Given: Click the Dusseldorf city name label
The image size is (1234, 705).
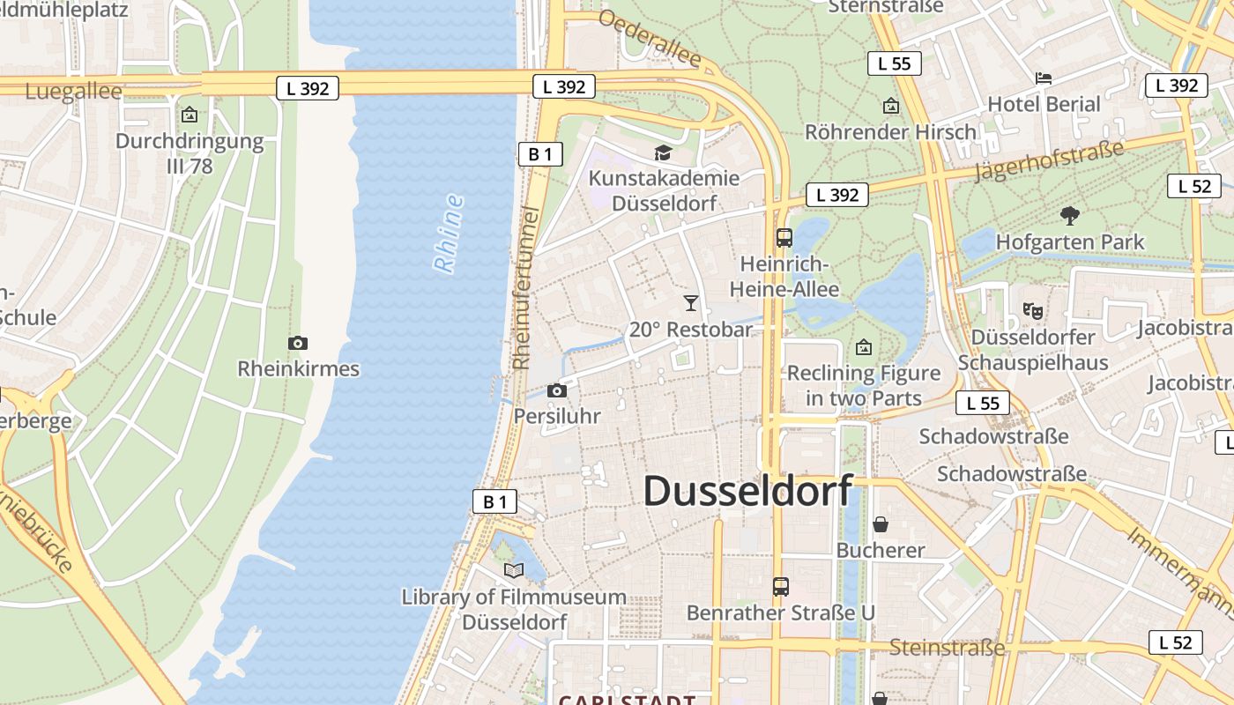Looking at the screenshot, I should (748, 491).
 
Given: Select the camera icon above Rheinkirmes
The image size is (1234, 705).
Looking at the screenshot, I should (298, 343).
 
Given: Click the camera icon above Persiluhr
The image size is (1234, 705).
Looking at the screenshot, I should (557, 390).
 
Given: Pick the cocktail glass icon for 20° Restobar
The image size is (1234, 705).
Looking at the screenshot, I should (691, 303).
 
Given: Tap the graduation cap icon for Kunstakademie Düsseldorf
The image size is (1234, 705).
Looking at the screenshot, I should (663, 153).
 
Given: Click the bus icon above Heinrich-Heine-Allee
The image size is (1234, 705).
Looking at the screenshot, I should (784, 238).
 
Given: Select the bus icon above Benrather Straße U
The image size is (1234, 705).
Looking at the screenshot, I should (780, 586).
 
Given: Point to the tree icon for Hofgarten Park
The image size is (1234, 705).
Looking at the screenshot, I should (1070, 215).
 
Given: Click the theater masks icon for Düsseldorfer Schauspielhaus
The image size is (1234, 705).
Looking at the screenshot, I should (1033, 310).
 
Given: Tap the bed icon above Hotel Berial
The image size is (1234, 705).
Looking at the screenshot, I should (1044, 78).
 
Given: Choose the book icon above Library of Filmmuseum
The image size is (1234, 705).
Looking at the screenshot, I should (514, 570).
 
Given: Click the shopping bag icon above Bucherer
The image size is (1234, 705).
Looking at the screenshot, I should (880, 525).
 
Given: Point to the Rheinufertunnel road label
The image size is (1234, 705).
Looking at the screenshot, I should (525, 287).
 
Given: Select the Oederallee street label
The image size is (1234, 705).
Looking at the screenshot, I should (650, 40).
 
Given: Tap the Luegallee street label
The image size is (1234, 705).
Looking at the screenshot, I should (74, 92).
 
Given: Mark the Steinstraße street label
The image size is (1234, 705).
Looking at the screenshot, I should (947, 648).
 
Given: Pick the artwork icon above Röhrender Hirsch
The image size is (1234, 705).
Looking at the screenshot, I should (891, 107).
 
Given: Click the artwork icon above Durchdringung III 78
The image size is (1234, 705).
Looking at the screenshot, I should (189, 115).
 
